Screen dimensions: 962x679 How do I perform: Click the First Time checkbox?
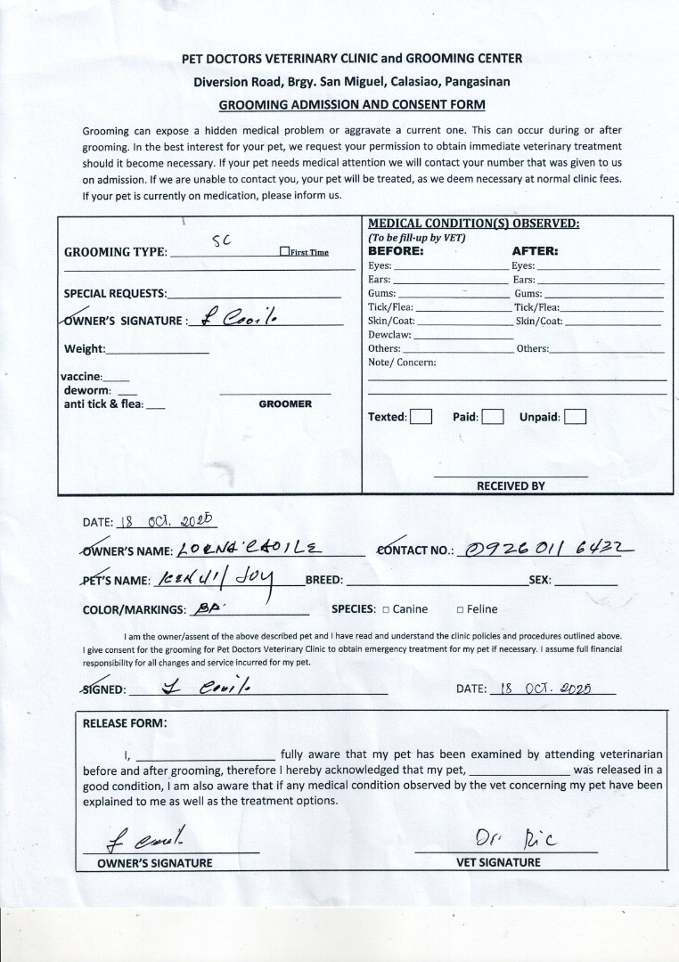284,252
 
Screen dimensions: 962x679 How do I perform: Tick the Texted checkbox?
421,417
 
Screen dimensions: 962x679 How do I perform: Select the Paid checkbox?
493,417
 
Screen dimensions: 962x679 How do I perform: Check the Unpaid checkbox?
575,417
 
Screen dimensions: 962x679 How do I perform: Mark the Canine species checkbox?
386,610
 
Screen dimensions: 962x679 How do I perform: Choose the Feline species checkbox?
460,610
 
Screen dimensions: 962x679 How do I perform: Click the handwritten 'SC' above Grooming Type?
221,240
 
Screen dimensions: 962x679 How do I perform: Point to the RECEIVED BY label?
511,486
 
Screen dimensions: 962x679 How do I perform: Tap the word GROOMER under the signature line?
285,404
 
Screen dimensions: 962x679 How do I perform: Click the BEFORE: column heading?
397,251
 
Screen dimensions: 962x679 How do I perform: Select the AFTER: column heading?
535,251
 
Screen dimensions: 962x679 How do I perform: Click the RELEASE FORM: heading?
125,723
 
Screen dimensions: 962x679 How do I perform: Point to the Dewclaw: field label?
389,335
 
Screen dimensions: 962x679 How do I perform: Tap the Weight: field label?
85,348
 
